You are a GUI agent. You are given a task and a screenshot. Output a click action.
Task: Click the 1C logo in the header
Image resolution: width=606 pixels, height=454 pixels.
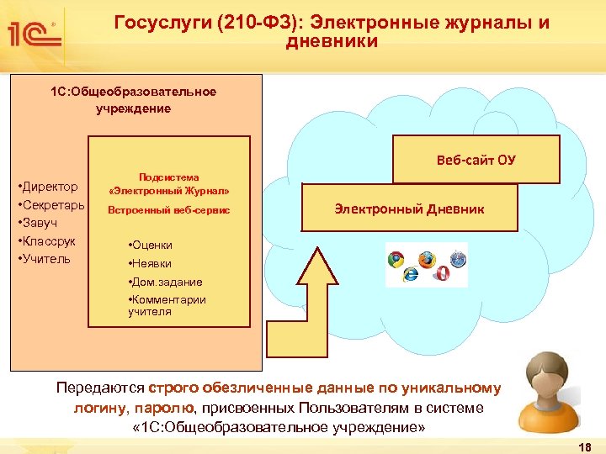(x=34, y=34)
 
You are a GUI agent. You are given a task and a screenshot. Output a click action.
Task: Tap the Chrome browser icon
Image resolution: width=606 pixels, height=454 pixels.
(x=396, y=260)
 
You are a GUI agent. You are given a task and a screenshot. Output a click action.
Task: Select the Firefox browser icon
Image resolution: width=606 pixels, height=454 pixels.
(x=426, y=258)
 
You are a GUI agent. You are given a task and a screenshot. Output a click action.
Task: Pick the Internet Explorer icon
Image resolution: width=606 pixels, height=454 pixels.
(x=411, y=274)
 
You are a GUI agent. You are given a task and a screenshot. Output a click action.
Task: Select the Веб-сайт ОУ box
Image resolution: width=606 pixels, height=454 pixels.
(x=476, y=160)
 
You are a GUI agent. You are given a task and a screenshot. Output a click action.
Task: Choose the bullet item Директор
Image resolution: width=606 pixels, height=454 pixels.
(x=50, y=186)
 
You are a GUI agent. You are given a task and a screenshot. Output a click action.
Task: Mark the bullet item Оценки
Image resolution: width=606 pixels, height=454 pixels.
(x=151, y=245)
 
